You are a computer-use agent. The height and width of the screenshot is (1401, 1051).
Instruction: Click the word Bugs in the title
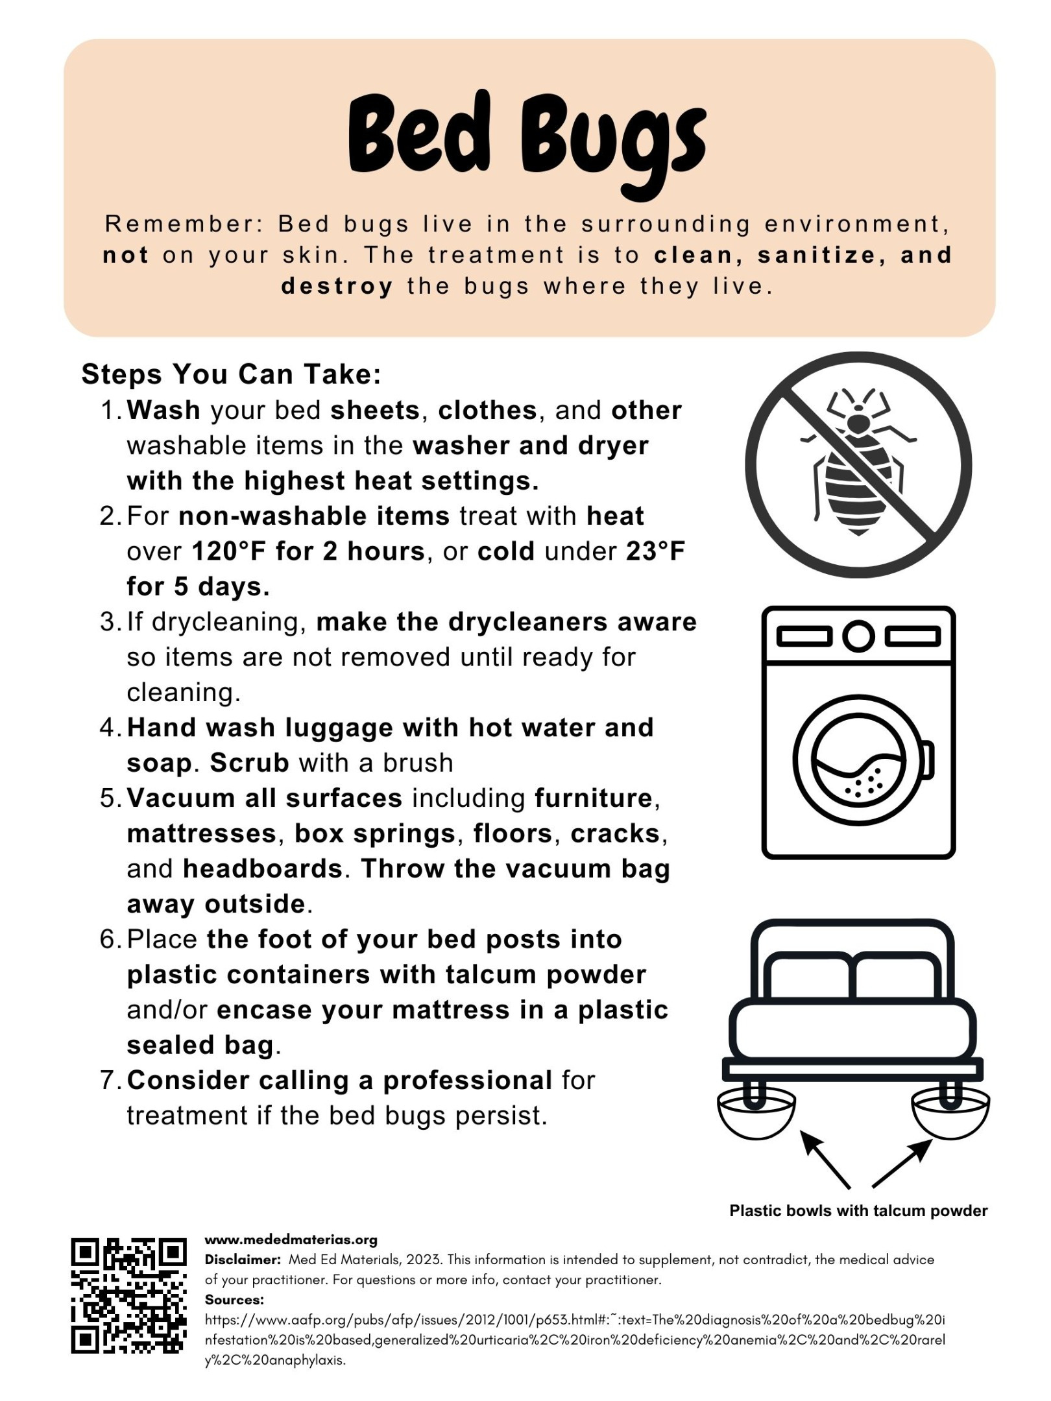[612, 143]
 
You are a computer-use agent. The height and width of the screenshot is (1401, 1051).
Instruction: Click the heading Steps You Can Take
[231, 374]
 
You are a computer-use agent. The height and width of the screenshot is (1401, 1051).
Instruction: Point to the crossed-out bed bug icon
[858, 464]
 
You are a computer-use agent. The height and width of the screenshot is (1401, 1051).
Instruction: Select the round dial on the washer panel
[858, 636]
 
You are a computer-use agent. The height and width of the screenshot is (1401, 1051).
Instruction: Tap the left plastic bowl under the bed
[756, 1113]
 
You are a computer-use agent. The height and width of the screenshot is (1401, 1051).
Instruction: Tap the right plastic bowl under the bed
[950, 1113]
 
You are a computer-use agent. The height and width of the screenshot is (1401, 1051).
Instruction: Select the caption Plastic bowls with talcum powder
[858, 1211]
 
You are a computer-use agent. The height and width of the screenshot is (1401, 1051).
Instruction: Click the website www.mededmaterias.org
[291, 1240]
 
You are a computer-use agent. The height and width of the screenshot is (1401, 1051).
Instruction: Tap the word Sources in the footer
[234, 1300]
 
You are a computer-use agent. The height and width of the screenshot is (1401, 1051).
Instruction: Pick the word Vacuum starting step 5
[181, 798]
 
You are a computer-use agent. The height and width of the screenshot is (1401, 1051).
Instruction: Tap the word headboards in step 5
[263, 869]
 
